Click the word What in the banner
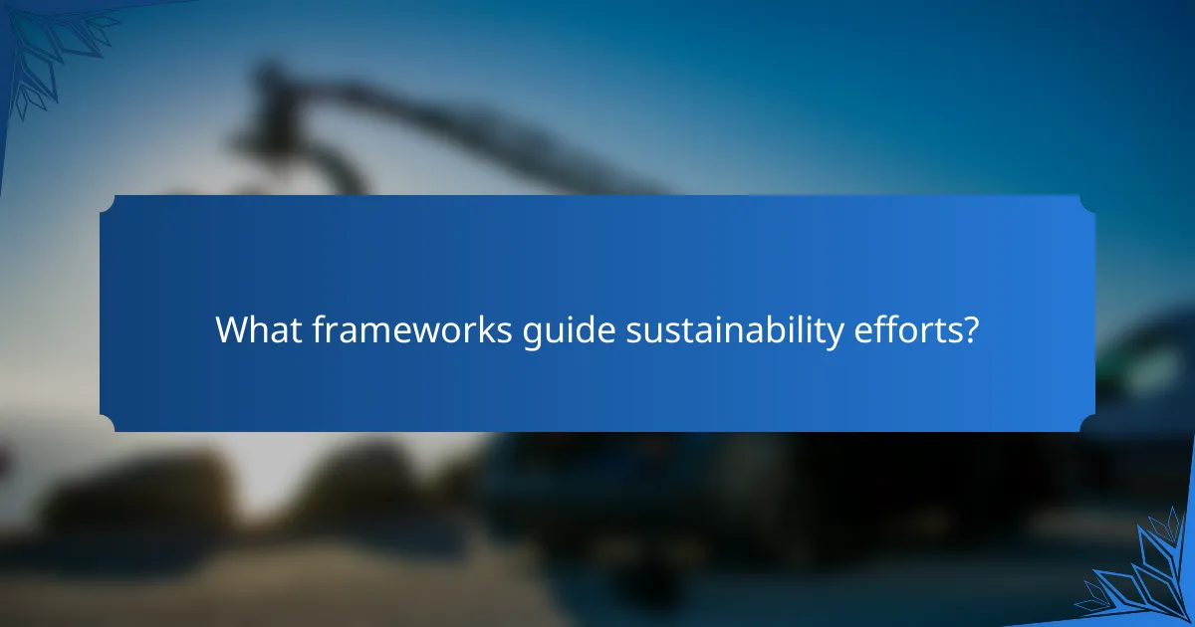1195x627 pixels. click(x=252, y=329)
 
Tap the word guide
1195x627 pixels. click(x=568, y=330)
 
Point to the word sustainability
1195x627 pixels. click(x=731, y=330)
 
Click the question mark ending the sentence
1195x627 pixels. click(x=970, y=329)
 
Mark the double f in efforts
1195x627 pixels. click(x=880, y=328)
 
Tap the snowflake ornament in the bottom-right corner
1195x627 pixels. click(x=1145, y=577)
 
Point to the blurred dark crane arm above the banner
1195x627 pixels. click(x=418, y=119)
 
